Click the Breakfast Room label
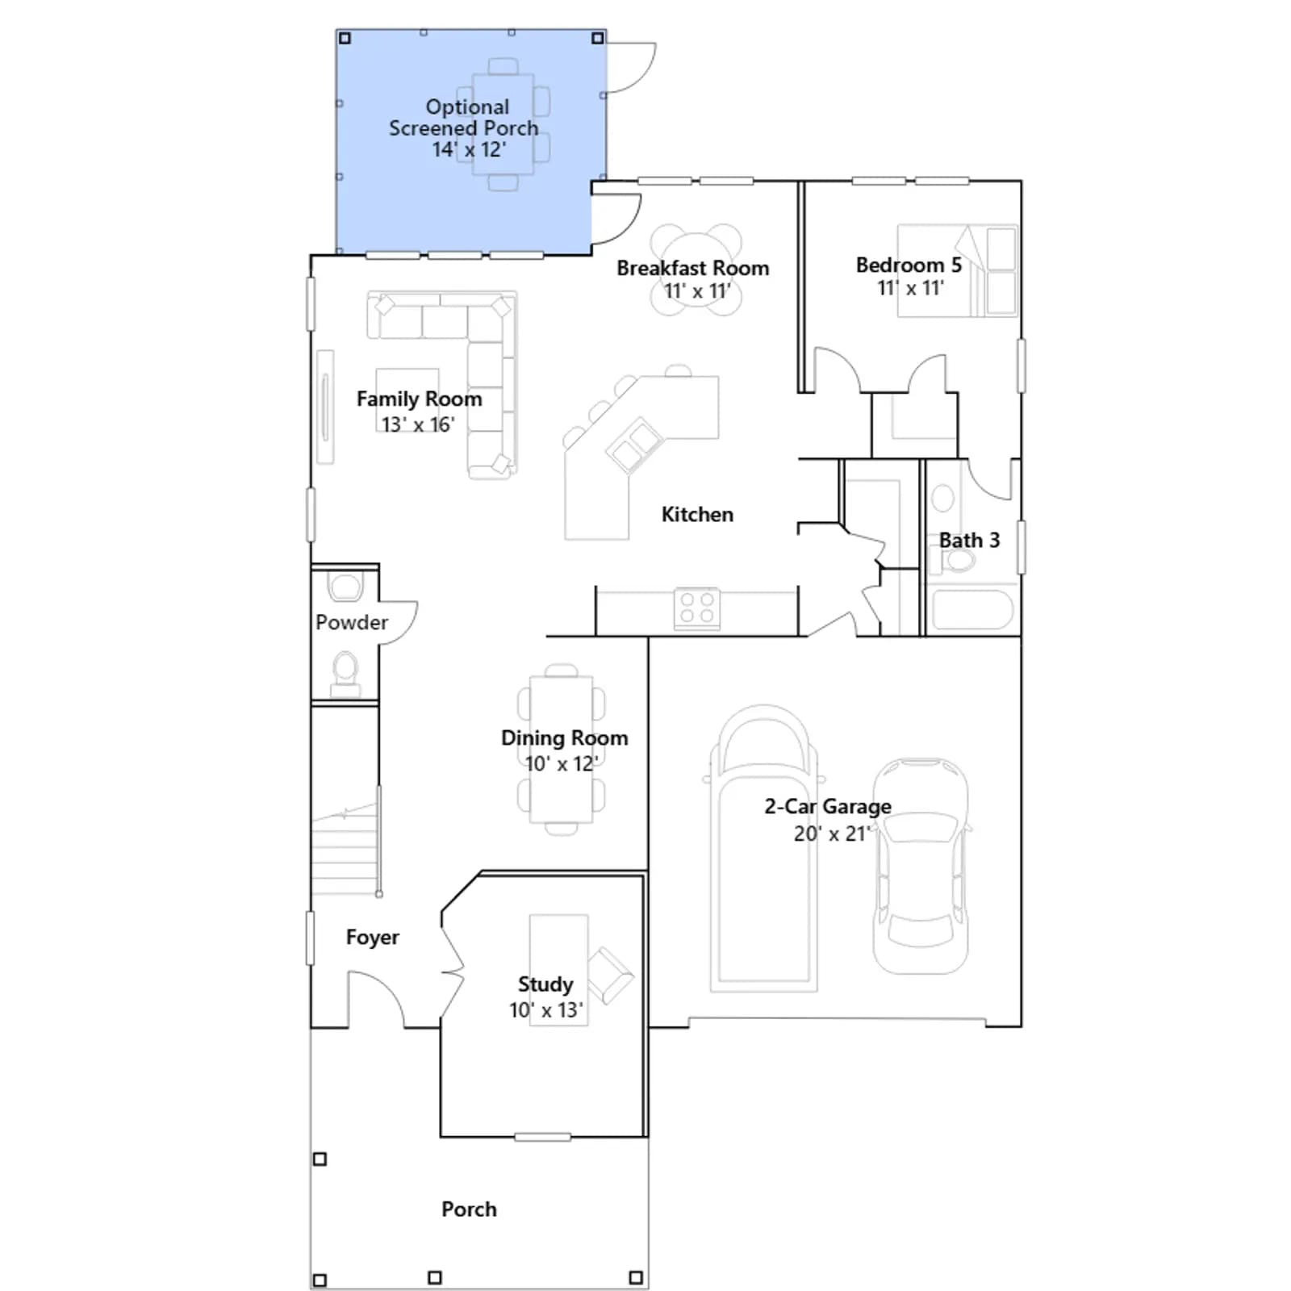point(692,268)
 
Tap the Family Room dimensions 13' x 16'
point(418,424)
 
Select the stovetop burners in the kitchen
point(697,608)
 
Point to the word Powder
point(352,622)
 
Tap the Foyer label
point(373,937)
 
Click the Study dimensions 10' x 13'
point(545,1010)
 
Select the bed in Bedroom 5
point(958,270)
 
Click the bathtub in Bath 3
point(972,610)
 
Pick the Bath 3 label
point(969,540)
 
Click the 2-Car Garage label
point(828,806)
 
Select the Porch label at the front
point(469,1209)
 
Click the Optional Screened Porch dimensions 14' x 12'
point(469,149)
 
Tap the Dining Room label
point(564,737)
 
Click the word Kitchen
point(697,514)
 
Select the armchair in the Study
point(610,974)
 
